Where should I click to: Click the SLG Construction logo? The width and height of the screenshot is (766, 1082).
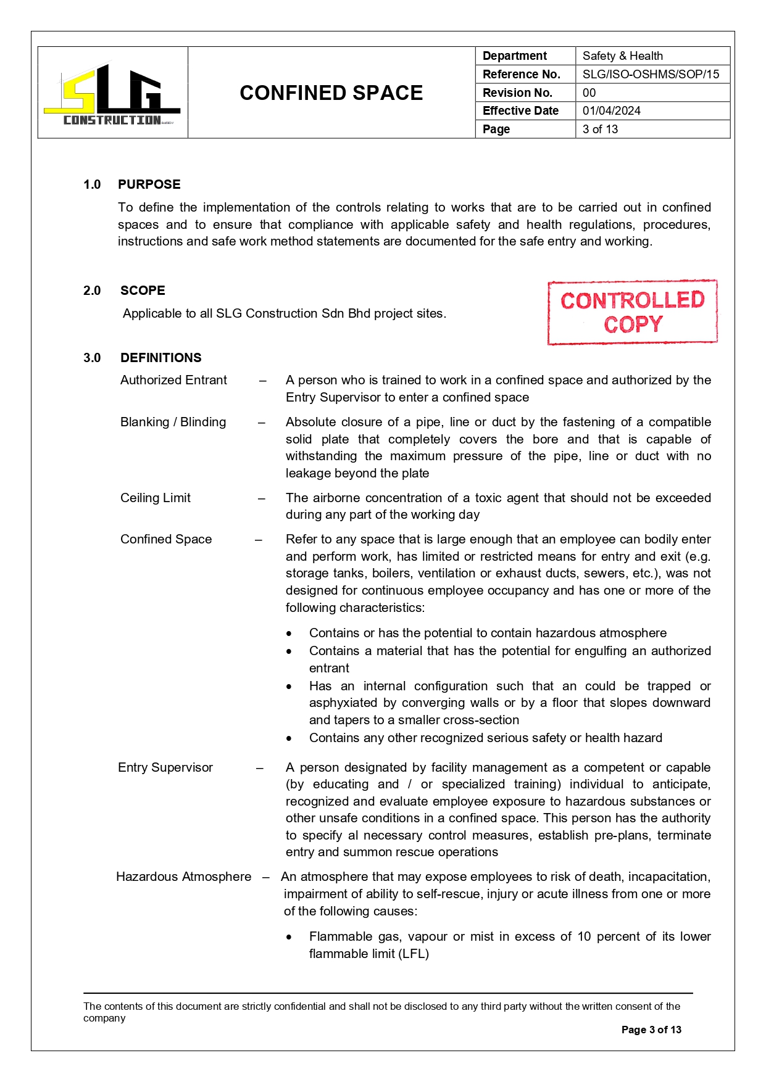112,94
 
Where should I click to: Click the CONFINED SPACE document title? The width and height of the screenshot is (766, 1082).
331,93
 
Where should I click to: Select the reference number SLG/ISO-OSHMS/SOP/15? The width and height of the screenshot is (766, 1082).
651,75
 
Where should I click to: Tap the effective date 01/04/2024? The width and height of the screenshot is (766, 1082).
611,111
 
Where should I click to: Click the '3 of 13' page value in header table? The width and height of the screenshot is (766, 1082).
600,129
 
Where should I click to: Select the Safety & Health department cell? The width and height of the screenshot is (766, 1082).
622,56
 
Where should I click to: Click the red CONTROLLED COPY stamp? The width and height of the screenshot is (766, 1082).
632,312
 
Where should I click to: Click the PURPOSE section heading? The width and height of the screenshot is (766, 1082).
149,184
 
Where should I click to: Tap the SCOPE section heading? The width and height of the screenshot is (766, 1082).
143,291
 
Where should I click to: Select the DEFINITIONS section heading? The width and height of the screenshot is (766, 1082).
160,358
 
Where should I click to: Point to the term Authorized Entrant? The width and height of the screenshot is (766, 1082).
173,380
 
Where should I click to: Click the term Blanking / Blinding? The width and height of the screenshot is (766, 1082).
173,422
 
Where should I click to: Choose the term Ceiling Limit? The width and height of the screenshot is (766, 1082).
155,498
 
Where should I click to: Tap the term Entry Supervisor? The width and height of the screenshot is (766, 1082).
165,767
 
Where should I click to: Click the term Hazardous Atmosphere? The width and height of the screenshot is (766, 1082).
183,877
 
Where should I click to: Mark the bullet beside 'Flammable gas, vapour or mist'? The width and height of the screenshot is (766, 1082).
289,937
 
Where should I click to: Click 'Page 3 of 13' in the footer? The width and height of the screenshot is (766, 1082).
651,1030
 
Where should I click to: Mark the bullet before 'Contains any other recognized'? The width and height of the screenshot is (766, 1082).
289,738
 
